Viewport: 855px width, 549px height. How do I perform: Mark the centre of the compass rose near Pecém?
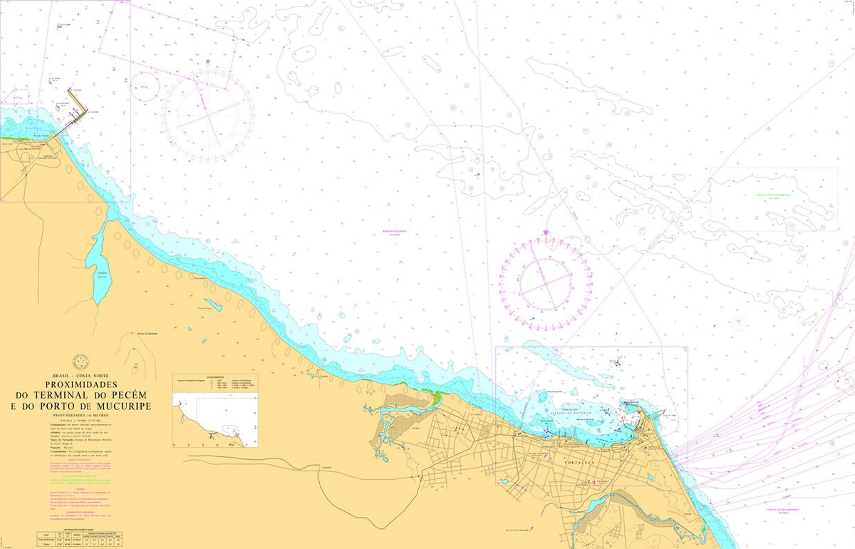[207, 114]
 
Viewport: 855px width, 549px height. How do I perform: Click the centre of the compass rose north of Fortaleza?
[545, 283]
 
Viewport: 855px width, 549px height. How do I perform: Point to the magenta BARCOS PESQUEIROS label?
[393, 232]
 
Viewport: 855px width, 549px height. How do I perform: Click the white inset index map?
[227, 422]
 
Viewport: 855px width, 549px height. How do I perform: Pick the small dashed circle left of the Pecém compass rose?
[145, 86]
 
